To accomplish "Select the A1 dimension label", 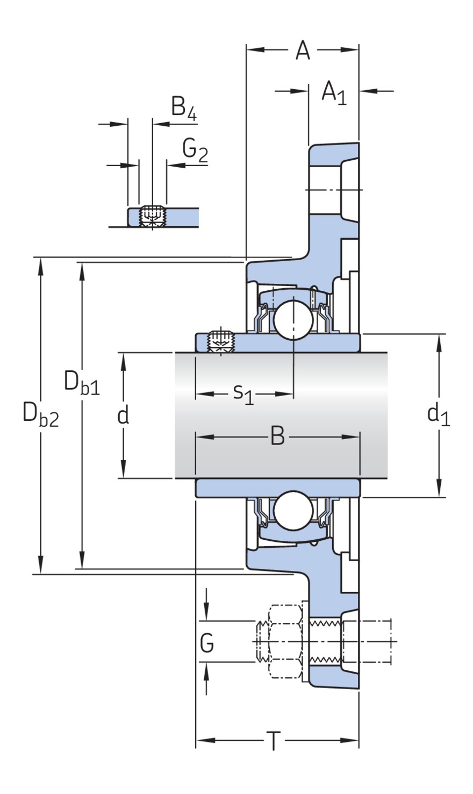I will pos(333,92).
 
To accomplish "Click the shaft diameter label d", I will pos(123,415).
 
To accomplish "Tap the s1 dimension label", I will pos(243,394).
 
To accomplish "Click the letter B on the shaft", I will pos(277,437).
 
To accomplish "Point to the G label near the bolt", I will pos(207,642).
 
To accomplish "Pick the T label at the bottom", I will pos(274,742).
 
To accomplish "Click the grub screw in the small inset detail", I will pos(152,217).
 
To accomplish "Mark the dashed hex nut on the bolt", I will pos(284,642).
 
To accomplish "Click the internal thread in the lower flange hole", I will pos(325,642).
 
